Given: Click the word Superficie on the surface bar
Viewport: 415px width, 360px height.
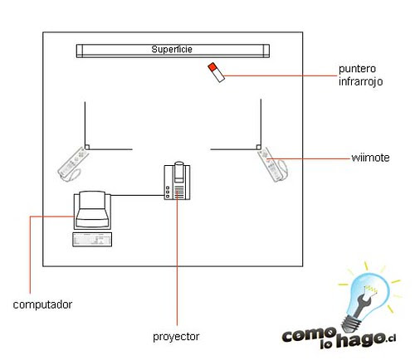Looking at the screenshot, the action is coord(172,49).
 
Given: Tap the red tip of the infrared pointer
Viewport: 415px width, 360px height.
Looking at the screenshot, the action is coord(212,67).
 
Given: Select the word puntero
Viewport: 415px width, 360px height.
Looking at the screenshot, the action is coord(357,69).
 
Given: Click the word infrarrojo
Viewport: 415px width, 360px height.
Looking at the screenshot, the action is coord(361,81).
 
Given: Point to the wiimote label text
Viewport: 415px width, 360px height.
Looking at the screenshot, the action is coord(370,158).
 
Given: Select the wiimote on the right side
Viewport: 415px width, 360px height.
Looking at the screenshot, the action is coord(272,164).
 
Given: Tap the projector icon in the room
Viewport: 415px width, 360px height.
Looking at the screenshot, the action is coord(177,180).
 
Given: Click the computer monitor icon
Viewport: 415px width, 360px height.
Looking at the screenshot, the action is coord(92,210).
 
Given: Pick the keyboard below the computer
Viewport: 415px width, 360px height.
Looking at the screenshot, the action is coord(92,240).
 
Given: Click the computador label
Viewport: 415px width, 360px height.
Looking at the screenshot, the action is coord(42,304).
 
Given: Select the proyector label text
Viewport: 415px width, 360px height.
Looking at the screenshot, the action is coord(176,337).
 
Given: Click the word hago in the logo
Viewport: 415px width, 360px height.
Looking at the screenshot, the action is coord(360,339).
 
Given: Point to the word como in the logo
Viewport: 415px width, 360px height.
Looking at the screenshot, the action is coord(310,335).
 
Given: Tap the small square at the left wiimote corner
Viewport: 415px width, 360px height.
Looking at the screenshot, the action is coord(87,147).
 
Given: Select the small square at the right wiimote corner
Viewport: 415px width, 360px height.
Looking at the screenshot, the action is coord(259,147).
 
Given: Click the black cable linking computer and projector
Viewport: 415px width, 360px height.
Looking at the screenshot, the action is coord(138,195).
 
